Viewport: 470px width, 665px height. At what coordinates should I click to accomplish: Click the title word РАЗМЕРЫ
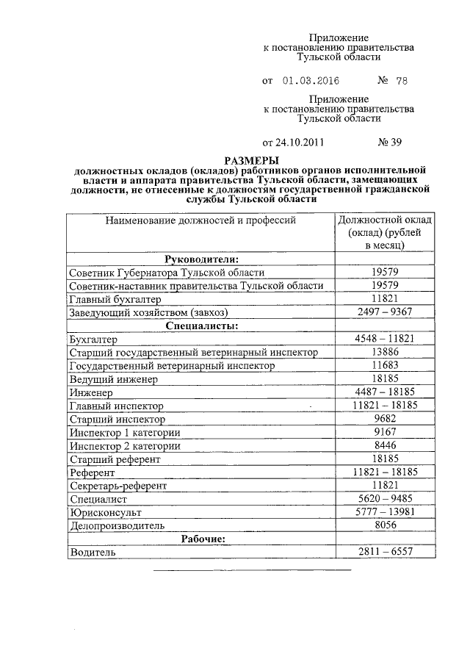click(x=252, y=160)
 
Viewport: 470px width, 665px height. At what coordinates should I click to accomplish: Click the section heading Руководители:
click(x=200, y=259)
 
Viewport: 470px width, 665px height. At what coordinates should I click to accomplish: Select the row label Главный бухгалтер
click(x=110, y=299)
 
